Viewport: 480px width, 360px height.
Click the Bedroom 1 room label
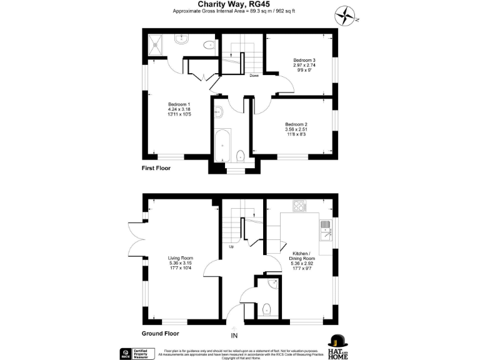click(179, 110)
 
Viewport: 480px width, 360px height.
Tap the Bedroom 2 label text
click(296, 128)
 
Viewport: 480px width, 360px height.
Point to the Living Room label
click(180, 263)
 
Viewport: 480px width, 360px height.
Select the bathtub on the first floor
click(222, 144)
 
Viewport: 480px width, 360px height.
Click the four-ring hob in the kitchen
click(299, 207)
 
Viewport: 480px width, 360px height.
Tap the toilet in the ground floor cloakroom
click(267, 308)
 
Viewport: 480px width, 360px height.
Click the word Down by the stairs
click(254, 76)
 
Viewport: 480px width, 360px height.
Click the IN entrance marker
click(234, 336)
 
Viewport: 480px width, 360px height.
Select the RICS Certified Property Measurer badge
click(134, 354)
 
